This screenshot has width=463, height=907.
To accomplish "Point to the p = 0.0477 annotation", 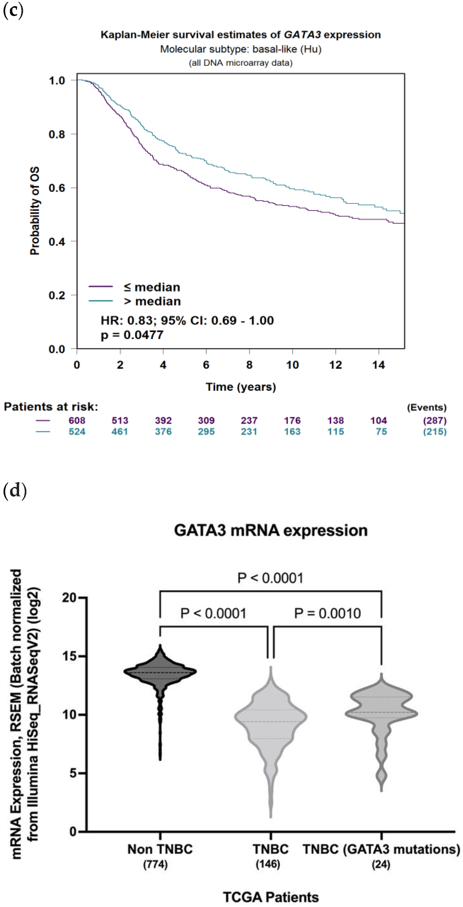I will (132, 335).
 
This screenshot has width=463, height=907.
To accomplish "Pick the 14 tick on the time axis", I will (379, 365).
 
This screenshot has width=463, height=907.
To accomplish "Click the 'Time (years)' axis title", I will (241, 387).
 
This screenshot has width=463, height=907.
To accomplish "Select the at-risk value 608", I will (77, 420).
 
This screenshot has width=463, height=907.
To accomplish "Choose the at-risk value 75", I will (381, 432).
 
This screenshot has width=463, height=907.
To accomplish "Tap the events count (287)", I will (435, 420).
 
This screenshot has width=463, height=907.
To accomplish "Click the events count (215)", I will (435, 432).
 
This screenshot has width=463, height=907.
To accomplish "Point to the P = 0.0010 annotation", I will (327, 613).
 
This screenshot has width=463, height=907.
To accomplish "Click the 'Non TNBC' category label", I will (160, 849).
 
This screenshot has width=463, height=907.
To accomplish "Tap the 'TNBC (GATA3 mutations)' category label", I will (381, 849).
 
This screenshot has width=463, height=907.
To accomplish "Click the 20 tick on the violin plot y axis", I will (69, 598).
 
